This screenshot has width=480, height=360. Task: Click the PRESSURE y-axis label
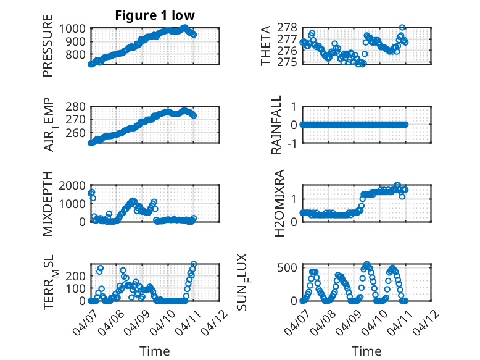[48, 51]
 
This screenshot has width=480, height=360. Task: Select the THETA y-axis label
[266, 46]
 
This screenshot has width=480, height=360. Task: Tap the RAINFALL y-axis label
[277, 125]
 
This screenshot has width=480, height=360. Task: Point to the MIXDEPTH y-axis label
[48, 203]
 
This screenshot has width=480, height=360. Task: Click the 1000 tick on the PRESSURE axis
[75, 28]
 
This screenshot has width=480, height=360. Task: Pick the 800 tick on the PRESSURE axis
[78, 55]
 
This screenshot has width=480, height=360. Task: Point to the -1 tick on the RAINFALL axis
[294, 143]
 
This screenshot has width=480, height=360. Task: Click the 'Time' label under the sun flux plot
[366, 351]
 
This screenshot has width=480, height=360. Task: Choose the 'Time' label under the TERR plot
[154, 351]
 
